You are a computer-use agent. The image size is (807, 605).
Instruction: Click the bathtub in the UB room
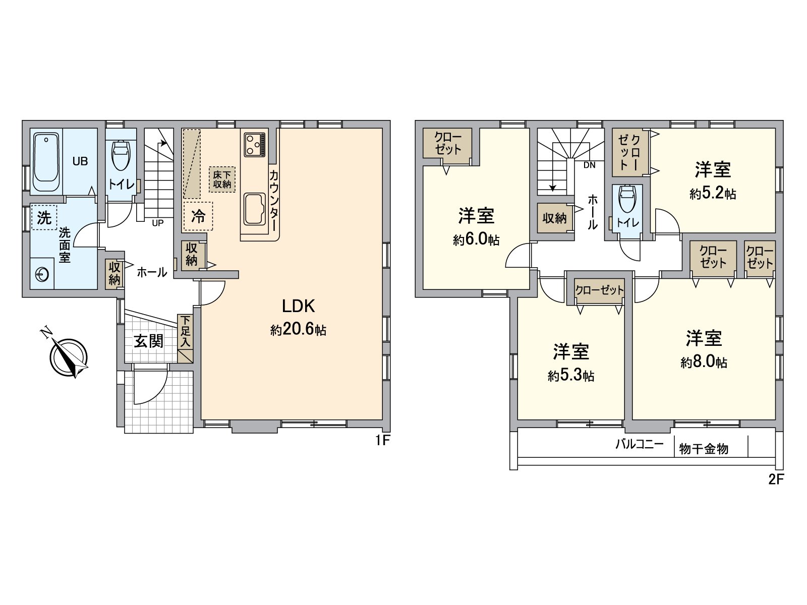(x=46, y=162)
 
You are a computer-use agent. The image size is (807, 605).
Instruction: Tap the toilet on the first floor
(x=121, y=155)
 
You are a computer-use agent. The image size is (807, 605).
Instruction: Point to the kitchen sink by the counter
(x=254, y=209)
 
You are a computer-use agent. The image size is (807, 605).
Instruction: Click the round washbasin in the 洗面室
(x=42, y=274)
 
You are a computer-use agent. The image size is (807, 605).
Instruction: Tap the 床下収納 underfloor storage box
(x=222, y=179)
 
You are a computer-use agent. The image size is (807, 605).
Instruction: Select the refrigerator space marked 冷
(x=198, y=216)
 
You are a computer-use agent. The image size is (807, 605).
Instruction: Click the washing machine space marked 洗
(x=44, y=217)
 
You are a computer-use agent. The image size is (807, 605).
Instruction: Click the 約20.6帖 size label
(x=298, y=330)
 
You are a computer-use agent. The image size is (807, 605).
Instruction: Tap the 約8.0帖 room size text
(x=704, y=362)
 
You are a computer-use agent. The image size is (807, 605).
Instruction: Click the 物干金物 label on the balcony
(x=703, y=449)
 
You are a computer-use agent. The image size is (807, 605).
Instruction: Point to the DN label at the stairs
(x=589, y=165)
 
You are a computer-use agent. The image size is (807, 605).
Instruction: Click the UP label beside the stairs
(x=158, y=223)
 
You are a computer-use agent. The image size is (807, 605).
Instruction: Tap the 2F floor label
(x=776, y=479)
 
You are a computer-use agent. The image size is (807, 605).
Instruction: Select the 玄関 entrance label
(x=148, y=341)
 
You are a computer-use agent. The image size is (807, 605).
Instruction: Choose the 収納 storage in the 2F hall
(x=554, y=218)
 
